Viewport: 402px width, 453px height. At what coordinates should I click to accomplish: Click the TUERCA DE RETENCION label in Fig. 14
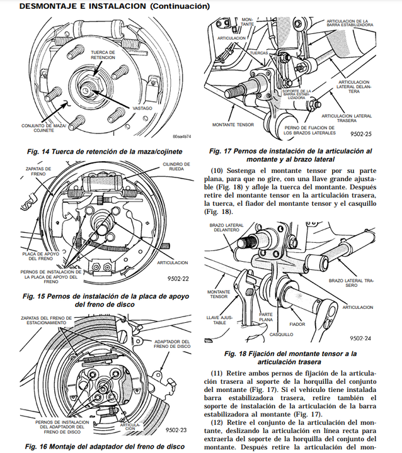[103, 54]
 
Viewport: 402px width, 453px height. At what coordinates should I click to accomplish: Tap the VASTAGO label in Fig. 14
[142, 108]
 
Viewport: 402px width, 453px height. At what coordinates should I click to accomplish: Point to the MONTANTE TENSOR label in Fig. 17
[233, 125]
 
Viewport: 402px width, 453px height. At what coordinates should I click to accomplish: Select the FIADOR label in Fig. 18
[297, 325]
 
